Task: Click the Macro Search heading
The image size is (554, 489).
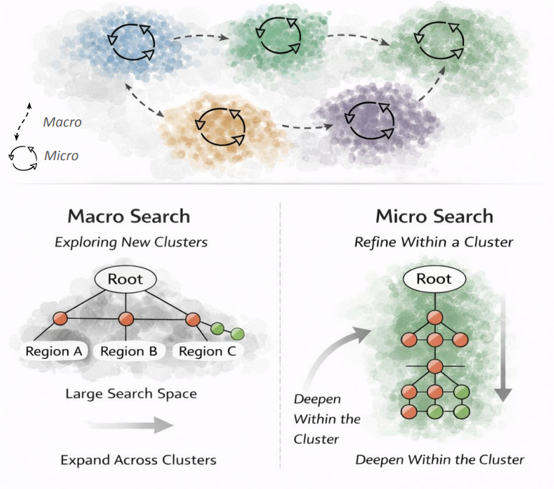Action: pyautogui.click(x=129, y=216)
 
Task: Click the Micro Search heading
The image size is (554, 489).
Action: pyautogui.click(x=434, y=216)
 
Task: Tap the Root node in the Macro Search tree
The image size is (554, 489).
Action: pyautogui.click(x=126, y=280)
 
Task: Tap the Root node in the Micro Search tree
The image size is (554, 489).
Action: pyautogui.click(x=434, y=279)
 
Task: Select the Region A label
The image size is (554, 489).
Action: pyautogui.click(x=54, y=351)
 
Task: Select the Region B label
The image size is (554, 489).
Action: pyautogui.click(x=129, y=351)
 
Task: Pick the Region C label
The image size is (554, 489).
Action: pyautogui.click(x=208, y=351)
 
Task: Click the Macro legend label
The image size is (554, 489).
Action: pyautogui.click(x=62, y=122)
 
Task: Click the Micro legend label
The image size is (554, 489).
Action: pyautogui.click(x=61, y=156)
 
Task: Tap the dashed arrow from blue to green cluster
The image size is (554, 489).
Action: pyautogui.click(x=201, y=36)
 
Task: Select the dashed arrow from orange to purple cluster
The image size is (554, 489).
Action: pyautogui.click(x=308, y=127)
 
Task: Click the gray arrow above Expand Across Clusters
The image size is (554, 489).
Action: pyautogui.click(x=130, y=425)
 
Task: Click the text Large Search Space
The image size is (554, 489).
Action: pyautogui.click(x=131, y=393)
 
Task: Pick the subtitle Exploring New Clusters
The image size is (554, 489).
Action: pyautogui.click(x=131, y=242)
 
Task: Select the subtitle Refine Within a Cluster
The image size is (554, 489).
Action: pyautogui.click(x=434, y=242)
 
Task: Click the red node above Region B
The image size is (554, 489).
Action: pyautogui.click(x=126, y=319)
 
